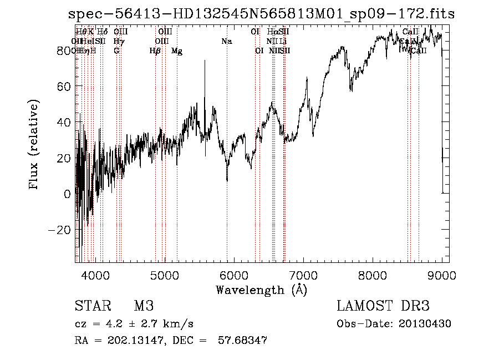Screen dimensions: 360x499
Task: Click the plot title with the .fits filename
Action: coord(258,14)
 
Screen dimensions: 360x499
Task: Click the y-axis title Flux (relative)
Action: coord(34,145)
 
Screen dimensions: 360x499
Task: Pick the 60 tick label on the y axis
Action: coord(64,87)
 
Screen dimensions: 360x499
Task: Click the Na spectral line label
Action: coord(226,41)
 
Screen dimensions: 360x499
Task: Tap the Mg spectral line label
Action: coord(177,51)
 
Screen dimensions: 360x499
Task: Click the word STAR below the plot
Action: coord(92,306)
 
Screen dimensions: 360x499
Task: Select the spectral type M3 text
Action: coord(144,306)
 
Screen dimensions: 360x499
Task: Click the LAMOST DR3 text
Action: coord(383,306)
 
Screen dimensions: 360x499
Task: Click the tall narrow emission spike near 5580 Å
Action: coord(205,61)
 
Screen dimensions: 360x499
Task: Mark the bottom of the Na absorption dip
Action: coord(227,180)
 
